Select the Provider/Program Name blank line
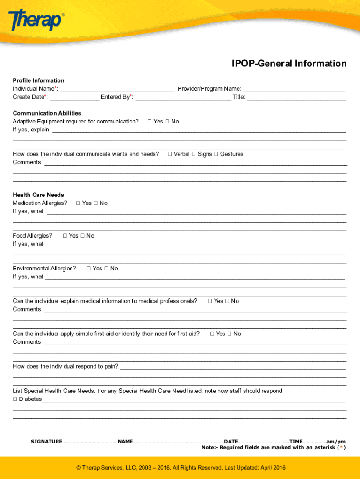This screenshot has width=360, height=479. pyautogui.click(x=294, y=89)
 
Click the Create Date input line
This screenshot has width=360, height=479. pyautogui.click(x=74, y=97)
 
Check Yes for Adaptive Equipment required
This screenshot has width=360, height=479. pyautogui.click(x=150, y=122)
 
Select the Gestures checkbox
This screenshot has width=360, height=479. pyautogui.click(x=216, y=154)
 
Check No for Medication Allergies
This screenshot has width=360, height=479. pyautogui.click(x=96, y=203)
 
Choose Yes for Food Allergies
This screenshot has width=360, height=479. pyautogui.click(x=65, y=236)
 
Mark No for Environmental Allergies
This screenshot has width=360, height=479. pyautogui.click(x=107, y=269)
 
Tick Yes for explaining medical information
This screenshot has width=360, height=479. pyautogui.click(x=210, y=301)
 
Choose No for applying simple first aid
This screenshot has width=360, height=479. pyautogui.click(x=230, y=334)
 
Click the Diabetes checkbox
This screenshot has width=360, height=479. pyautogui.click(x=15, y=399)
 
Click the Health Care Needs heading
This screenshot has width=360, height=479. pyautogui.click(x=38, y=195)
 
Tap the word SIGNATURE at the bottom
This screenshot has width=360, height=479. pyautogui.click(x=46, y=442)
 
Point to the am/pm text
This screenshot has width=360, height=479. pyautogui.click(x=336, y=442)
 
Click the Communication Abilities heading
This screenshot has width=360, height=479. pyautogui.click(x=47, y=113)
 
